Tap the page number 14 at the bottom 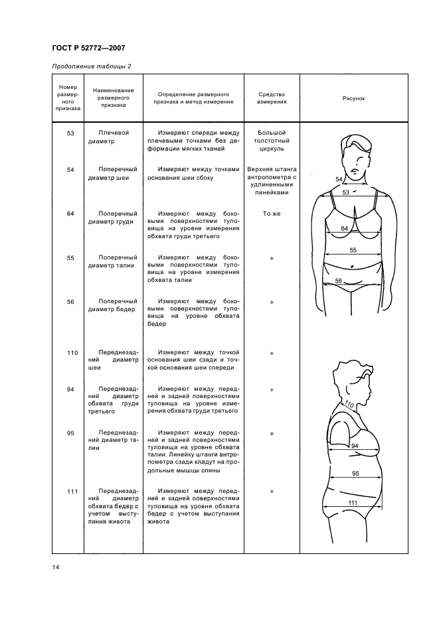pos(55,567)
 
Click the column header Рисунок pos(353,98)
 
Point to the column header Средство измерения pos(272,98)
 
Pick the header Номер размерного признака pos(68,98)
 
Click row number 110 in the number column pos(73,352)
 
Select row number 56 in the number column pos(70,302)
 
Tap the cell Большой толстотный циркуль pos(272,141)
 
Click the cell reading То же pos(272,214)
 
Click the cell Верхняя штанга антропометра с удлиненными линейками pos(272,181)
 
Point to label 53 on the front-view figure pos(345,192)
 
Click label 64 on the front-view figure pos(345,228)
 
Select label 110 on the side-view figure pos(349,403)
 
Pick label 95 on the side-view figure pos(355,474)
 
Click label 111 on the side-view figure pos(353,504)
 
